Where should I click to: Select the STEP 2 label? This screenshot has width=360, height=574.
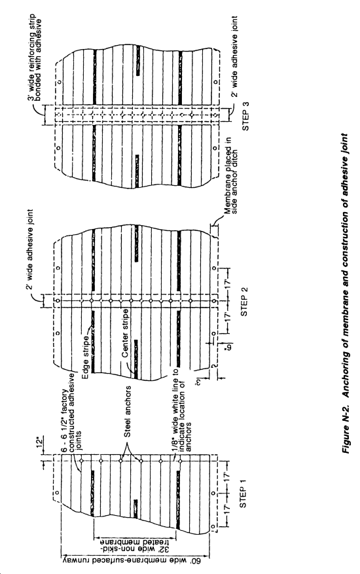(244, 300)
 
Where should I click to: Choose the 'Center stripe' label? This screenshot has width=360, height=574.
(125, 333)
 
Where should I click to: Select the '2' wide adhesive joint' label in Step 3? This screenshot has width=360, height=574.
(234, 56)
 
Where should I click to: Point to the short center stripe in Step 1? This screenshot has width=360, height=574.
(135, 509)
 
